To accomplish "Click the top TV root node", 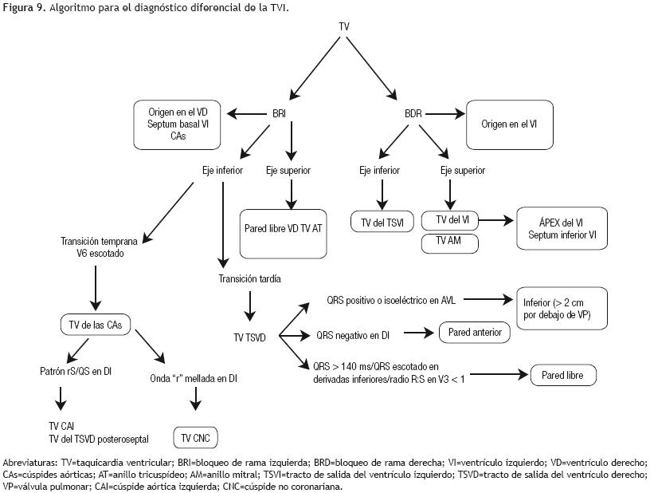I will (x=344, y=26).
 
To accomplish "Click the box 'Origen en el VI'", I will (x=511, y=124).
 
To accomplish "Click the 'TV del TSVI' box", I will (x=382, y=220).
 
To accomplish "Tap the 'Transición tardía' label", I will (x=250, y=278).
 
